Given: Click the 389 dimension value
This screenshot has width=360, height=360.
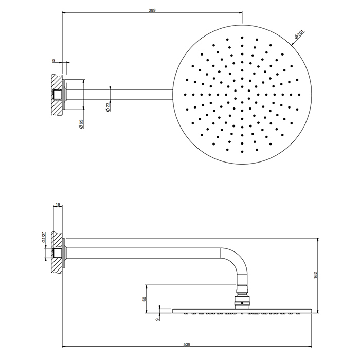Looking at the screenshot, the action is point(152,10).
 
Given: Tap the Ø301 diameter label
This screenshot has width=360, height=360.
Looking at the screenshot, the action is point(299,34).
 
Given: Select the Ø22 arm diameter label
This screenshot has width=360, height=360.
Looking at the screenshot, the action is point(109,107).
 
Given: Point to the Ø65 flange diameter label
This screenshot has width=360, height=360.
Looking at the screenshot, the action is point(81,124).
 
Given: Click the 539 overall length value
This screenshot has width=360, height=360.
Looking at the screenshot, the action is point(187,344).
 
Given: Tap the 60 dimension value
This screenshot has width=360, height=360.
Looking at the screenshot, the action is point(145,299).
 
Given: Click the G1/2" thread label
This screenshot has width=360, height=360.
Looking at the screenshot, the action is point(43,238).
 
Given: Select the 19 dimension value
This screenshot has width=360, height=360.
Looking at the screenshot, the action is point(58,204).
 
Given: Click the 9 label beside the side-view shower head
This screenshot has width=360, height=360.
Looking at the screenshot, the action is point(157,319).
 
